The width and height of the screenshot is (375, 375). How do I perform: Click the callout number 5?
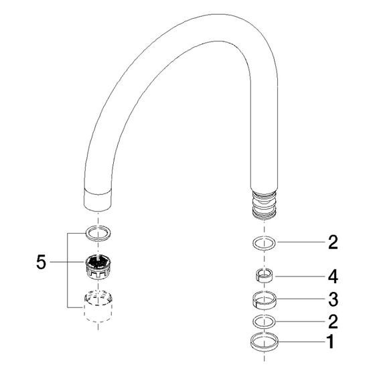pyautogui.click(x=41, y=262)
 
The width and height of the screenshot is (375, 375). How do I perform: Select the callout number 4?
pyautogui.click(x=333, y=277)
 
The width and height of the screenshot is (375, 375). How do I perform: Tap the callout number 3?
pyautogui.click(x=333, y=299)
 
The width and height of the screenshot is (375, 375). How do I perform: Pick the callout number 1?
pyautogui.click(x=331, y=342)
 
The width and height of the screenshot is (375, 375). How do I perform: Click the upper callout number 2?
pyautogui.click(x=333, y=242)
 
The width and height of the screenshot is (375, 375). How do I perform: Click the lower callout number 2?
pyautogui.click(x=333, y=321)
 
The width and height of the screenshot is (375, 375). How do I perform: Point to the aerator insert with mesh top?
pyautogui.click(x=98, y=267)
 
